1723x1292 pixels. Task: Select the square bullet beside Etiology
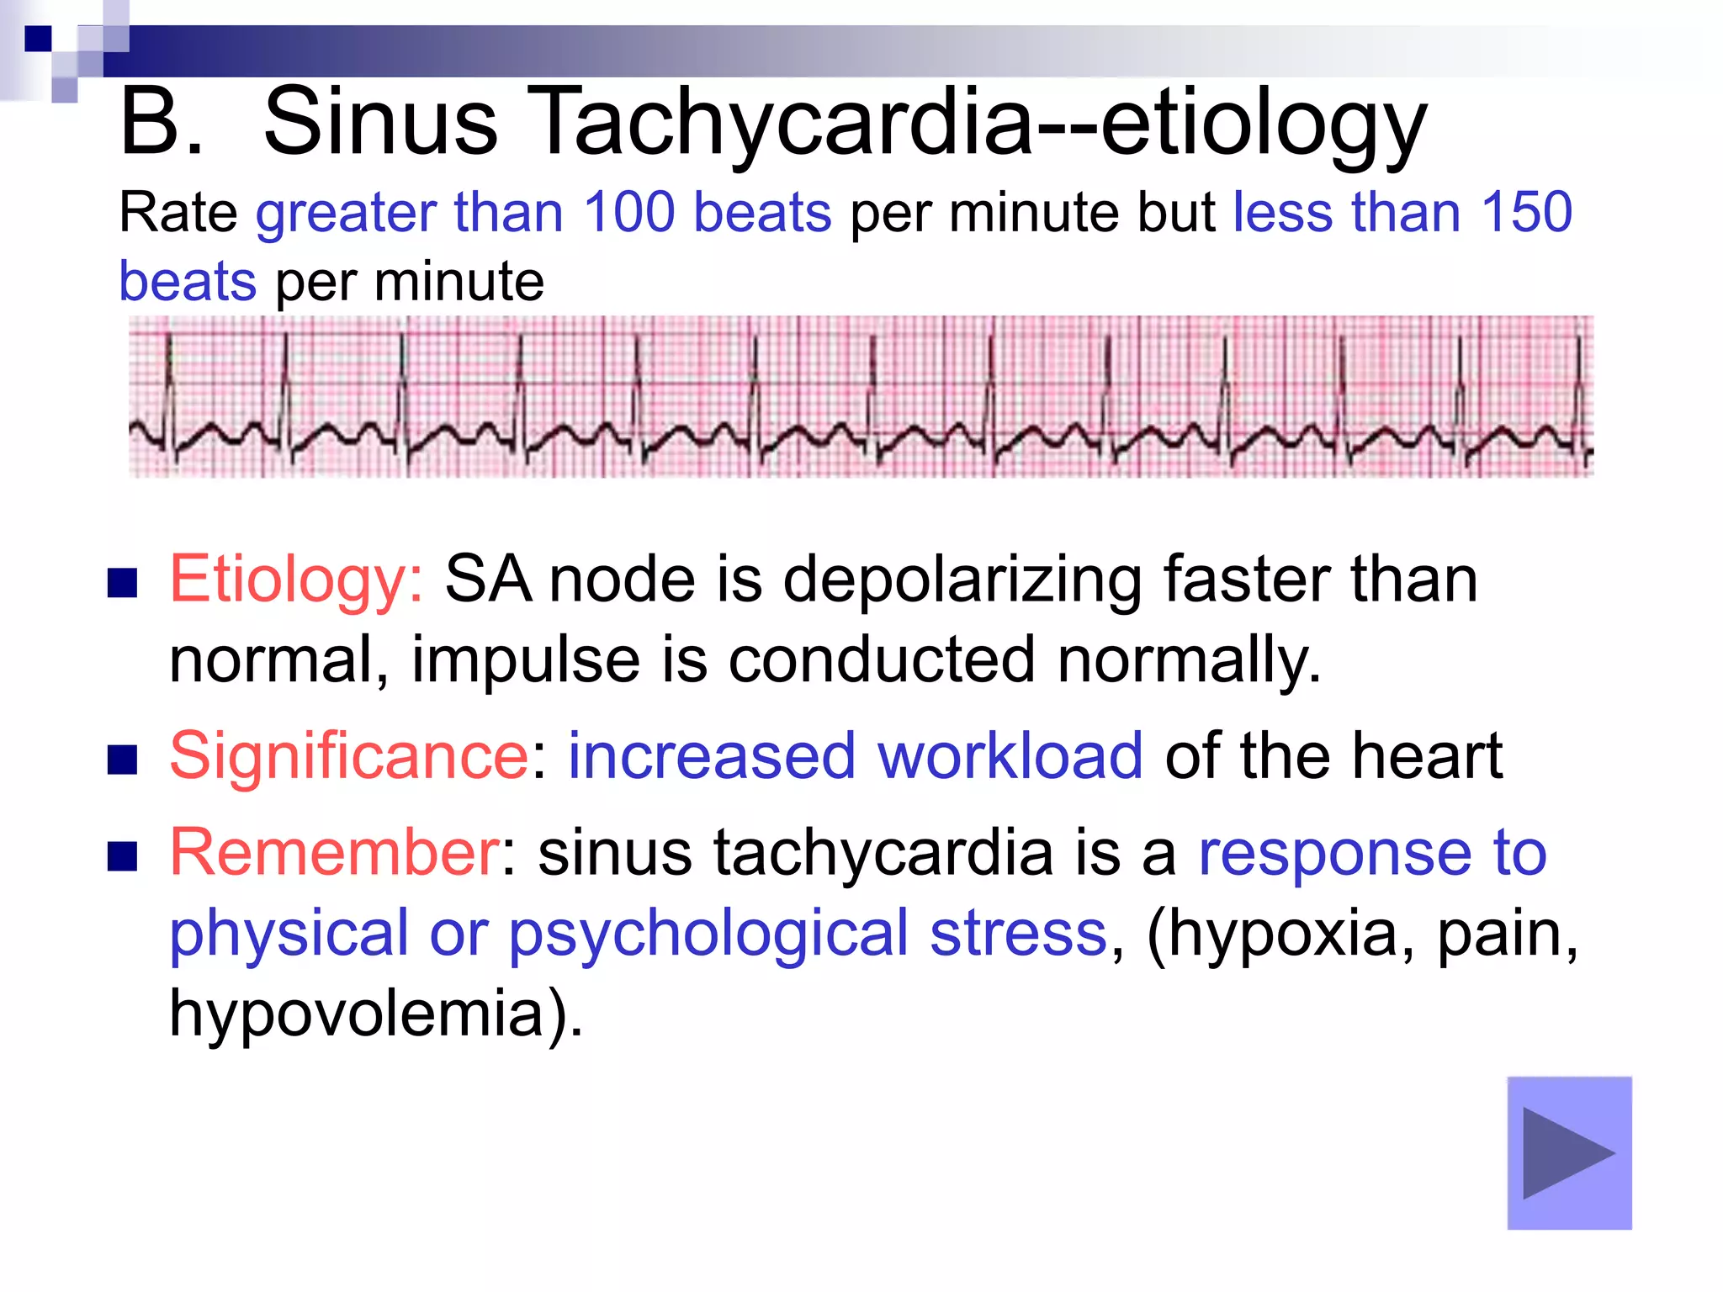click(123, 582)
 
